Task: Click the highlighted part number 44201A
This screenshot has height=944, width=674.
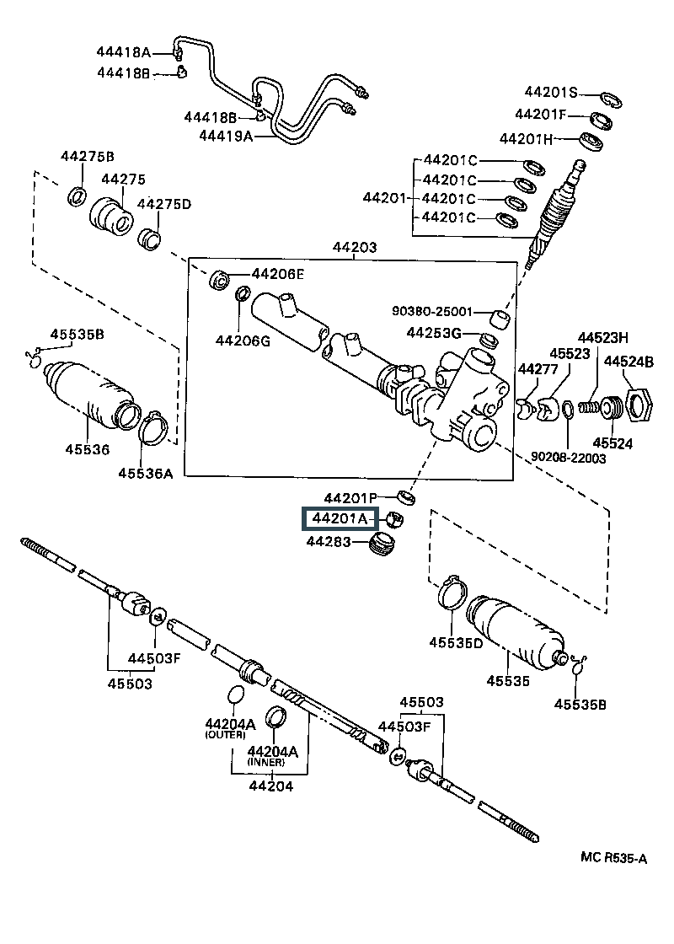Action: coord(340,518)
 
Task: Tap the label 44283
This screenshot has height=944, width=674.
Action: coord(329,541)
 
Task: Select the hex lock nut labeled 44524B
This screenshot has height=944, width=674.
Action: coord(640,405)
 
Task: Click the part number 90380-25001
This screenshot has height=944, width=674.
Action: coord(432,311)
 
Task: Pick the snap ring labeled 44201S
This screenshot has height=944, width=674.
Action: coord(610,99)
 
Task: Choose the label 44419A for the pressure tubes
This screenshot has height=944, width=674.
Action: coord(227,136)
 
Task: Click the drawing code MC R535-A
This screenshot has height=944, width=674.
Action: coord(614,857)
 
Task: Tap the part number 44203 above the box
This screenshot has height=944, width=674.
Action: coord(355,247)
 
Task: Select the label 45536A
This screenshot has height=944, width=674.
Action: coord(146,473)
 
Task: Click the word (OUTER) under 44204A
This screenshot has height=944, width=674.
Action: coord(225,735)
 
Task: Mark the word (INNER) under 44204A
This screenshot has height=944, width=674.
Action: coord(266,762)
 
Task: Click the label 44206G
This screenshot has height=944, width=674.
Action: coord(243,341)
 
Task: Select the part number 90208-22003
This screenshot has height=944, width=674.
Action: coord(569,459)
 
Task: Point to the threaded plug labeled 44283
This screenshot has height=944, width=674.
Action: coord(381,544)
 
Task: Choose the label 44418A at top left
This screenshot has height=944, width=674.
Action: coord(123,51)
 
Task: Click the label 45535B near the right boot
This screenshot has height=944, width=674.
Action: coord(580,704)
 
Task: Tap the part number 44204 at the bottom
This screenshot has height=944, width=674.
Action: coord(270,786)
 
